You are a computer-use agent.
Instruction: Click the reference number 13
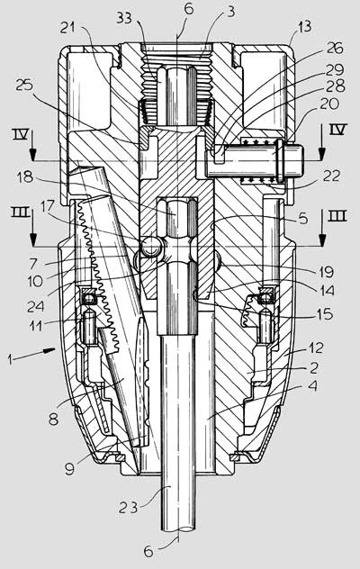coord(304,26)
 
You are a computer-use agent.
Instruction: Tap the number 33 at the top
coord(124,17)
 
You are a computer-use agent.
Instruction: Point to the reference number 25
coord(24,86)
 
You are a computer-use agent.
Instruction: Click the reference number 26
coord(336,48)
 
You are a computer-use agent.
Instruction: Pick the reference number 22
coord(331,176)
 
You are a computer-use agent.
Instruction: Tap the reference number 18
coord(24,177)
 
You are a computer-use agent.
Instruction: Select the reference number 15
coord(325,313)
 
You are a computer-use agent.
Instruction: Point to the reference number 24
coord(36,306)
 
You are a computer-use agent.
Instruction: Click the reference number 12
coord(315,348)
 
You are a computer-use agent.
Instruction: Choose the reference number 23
coord(128,507)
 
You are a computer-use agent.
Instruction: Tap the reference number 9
coord(69,468)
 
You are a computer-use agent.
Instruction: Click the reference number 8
coord(53,420)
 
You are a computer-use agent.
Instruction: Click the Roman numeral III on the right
coord(337,216)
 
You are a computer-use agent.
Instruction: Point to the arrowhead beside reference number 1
coord(49,350)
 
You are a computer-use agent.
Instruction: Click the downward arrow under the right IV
coord(320,142)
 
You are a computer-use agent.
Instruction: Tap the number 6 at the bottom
coord(148,552)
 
